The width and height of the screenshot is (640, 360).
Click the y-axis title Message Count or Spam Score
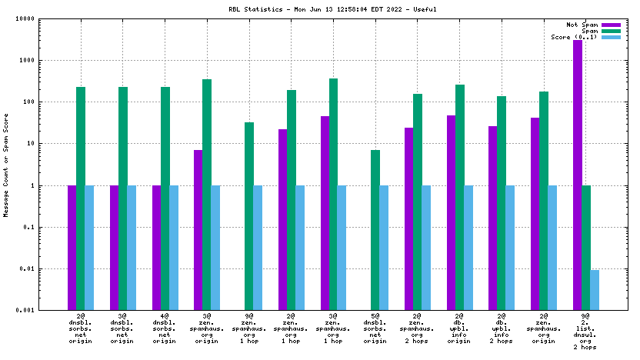coord(6,162)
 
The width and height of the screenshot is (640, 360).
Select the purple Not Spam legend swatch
coord(611,25)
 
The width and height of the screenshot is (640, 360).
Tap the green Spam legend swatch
coord(611,31)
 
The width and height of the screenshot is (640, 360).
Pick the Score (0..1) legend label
coord(574,37)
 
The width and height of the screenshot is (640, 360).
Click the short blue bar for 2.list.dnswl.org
coord(595,290)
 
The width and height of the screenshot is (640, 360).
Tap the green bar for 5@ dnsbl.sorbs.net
coord(375,230)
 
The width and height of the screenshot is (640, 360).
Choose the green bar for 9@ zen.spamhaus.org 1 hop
coord(249,216)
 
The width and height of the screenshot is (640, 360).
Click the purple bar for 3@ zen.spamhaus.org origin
coord(198,230)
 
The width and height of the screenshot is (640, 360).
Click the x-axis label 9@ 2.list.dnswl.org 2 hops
coord(585,332)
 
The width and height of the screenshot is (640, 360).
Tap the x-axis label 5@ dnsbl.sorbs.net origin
coord(375,328)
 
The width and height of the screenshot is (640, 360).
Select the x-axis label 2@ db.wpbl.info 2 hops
coord(502,328)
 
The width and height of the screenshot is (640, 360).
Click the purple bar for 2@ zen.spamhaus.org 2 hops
coord(409,218)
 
